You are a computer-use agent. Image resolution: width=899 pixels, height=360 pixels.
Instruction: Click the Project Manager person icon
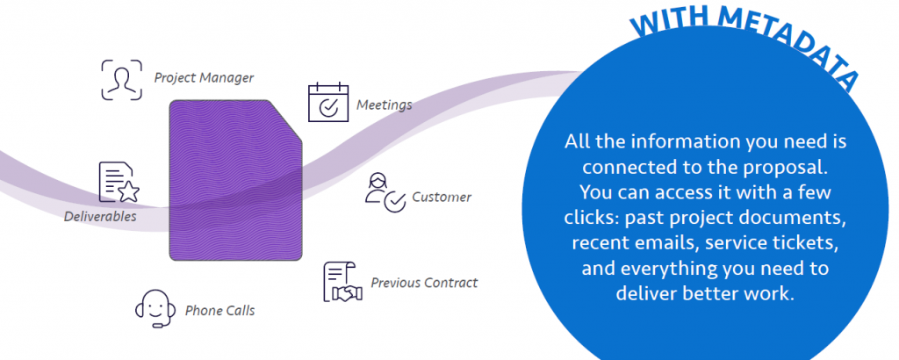pyautogui.click(x=121, y=80)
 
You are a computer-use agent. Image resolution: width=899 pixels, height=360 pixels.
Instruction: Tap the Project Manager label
pyautogui.click(x=204, y=77)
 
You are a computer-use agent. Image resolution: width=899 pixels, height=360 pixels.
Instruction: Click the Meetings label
pyautogui.click(x=385, y=104)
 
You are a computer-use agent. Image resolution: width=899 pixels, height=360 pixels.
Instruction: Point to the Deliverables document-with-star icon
pyautogui.click(x=119, y=182)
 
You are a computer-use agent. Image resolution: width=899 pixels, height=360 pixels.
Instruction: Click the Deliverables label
pyautogui.click(x=100, y=216)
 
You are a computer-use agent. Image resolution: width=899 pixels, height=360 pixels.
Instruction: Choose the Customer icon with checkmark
pyautogui.click(x=385, y=192)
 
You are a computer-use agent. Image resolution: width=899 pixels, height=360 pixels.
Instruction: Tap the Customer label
pyautogui.click(x=442, y=198)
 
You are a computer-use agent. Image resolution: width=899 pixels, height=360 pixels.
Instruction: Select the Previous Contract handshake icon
pyautogui.click(x=343, y=282)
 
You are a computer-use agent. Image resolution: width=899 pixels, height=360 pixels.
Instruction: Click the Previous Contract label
pyautogui.click(x=424, y=283)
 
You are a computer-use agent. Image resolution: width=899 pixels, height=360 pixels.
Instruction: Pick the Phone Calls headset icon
pyautogui.click(x=155, y=308)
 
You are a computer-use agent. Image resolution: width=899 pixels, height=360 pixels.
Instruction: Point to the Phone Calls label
pyautogui.click(x=219, y=311)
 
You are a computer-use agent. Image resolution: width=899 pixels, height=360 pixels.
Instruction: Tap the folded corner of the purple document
pyautogui.click(x=287, y=119)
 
